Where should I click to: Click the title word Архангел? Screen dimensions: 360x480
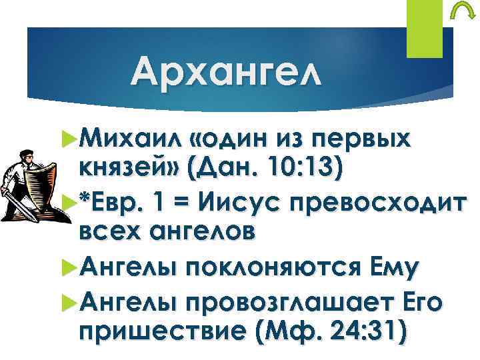coord(225,71)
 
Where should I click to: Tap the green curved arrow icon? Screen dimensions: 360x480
coord(459,14)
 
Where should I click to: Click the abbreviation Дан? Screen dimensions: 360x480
coord(227,167)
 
